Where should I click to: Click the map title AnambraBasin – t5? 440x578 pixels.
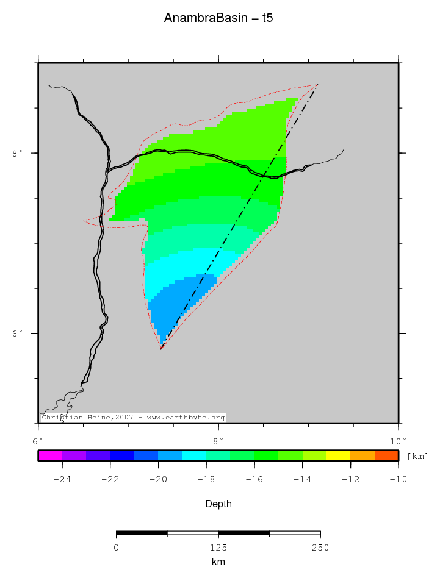coord(218,18)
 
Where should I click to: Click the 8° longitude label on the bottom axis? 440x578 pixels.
coord(218,440)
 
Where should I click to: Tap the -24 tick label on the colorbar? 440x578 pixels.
coord(62,479)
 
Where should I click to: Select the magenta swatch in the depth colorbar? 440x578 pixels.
coord(50,455)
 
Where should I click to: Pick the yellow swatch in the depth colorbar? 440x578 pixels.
coord(338,455)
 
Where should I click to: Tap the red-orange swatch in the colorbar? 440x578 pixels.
coord(386,455)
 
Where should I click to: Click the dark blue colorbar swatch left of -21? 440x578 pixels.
coord(122,455)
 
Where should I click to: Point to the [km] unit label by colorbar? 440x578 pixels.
coord(417,456)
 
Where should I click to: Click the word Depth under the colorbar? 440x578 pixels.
coord(218,504)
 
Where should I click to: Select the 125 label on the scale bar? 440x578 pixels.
coord(218,548)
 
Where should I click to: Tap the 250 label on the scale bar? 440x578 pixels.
coord(320,548)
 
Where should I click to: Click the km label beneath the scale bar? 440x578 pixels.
coord(218,562)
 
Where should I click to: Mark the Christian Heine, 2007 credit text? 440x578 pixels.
coord(133,418)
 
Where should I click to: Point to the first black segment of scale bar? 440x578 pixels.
coord(142,533)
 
